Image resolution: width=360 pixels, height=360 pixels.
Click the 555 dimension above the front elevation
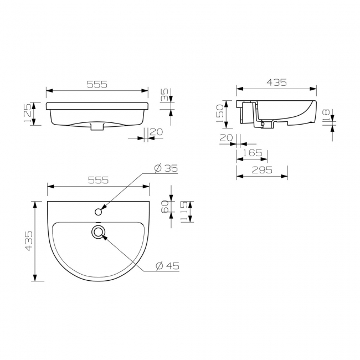coord(96,84)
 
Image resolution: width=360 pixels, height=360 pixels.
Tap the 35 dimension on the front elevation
coord(164,95)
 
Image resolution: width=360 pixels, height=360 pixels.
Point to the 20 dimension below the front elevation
coord(156,132)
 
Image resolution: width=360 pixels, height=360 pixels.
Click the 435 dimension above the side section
coord(276,82)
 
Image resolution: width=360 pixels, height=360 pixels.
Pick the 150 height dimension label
coord(220,114)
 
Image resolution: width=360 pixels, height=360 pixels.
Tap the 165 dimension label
coord(253,152)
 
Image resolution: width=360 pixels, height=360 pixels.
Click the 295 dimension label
coord(262,170)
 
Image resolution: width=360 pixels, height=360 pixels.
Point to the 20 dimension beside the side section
coord(225,138)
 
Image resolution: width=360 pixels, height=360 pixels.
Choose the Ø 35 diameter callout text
coord(166,168)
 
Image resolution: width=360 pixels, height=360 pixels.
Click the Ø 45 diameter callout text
coord(167,266)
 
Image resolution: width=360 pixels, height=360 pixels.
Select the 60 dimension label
coord(165,207)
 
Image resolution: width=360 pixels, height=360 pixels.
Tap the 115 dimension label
coord(184,212)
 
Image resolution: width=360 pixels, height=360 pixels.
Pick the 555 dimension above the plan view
coord(97,180)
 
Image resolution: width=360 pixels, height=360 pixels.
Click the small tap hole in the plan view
coord(99,211)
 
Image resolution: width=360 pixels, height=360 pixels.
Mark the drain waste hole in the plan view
coord(99,232)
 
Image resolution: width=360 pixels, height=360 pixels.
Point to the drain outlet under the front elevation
coord(97,127)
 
